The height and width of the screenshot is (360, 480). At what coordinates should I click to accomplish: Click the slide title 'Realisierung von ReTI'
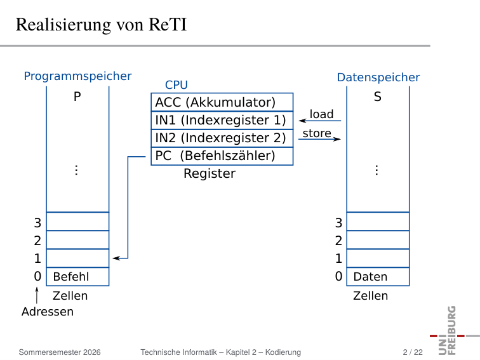click(x=101, y=25)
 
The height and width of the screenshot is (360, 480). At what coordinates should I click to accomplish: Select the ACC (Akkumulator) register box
click(x=222, y=102)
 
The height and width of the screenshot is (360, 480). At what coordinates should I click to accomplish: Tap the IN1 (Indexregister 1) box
click(x=222, y=120)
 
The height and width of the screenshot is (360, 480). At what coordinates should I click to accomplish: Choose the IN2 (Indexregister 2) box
click(x=222, y=138)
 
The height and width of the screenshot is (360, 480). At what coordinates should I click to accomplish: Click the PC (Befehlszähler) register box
click(x=222, y=156)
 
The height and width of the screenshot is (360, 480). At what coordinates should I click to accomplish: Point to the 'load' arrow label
click(x=321, y=114)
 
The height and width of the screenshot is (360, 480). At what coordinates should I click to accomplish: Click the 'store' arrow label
click(x=317, y=133)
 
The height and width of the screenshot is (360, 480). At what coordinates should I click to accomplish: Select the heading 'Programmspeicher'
click(x=77, y=76)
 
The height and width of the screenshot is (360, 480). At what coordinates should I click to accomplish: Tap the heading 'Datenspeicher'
click(x=378, y=77)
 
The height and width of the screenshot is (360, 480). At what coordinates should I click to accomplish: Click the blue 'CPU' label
click(x=177, y=85)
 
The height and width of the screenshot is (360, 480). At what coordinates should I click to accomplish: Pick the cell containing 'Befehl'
click(x=77, y=277)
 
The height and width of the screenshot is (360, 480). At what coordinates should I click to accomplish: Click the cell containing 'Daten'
click(x=378, y=277)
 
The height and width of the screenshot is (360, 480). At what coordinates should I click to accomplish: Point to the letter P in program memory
click(x=77, y=97)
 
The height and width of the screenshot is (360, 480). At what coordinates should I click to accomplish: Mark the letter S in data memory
click(x=377, y=97)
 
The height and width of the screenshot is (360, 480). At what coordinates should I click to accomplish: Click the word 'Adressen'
click(x=48, y=312)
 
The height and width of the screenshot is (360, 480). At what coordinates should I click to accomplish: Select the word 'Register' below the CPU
click(x=210, y=173)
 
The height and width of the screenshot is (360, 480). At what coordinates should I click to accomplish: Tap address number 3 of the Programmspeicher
click(x=37, y=223)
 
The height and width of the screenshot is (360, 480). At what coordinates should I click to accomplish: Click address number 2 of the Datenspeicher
click(x=338, y=241)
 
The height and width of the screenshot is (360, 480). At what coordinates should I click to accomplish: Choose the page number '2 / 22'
click(x=413, y=352)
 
